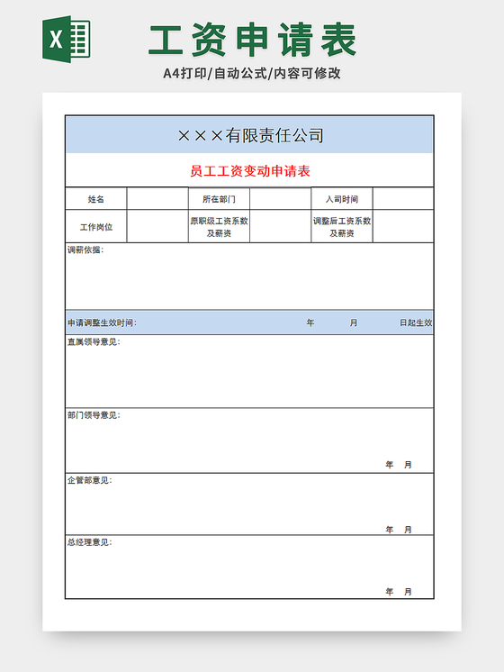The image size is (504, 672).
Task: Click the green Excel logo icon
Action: click(x=66, y=40)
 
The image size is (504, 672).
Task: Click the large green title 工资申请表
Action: click(x=253, y=40)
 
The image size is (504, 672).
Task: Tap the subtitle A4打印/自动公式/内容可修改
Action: click(x=252, y=73)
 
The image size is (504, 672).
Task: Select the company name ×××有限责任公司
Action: click(x=250, y=135)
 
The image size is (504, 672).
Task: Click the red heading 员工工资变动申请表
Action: click(x=250, y=170)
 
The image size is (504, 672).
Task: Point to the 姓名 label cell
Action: click(x=96, y=199)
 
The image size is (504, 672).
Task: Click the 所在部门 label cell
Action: click(x=219, y=199)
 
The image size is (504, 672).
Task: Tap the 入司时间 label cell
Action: click(x=342, y=199)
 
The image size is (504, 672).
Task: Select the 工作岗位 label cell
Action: click(x=96, y=227)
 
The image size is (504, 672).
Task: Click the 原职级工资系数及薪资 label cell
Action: click(x=219, y=227)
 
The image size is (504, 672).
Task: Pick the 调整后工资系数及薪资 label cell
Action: click(x=342, y=227)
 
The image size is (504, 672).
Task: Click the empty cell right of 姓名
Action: click(x=157, y=199)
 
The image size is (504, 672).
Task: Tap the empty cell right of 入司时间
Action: click(x=403, y=199)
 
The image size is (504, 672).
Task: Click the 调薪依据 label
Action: click(x=85, y=250)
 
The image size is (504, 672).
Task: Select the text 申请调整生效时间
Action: click(x=102, y=322)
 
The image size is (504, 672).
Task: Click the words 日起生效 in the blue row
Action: click(x=416, y=322)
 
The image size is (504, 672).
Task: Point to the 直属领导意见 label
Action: click(x=93, y=342)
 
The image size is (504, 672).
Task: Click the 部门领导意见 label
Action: click(x=93, y=415)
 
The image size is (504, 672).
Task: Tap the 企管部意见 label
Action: click(x=89, y=480)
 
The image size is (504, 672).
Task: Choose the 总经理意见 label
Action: click(x=89, y=542)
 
